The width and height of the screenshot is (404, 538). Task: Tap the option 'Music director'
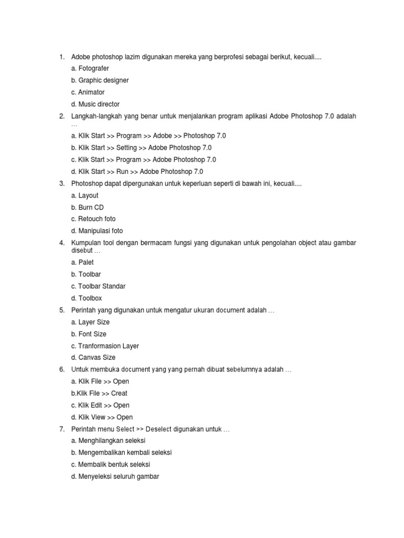[x=95, y=104]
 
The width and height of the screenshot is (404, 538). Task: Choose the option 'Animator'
[x=88, y=92]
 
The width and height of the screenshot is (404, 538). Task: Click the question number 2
[x=62, y=116]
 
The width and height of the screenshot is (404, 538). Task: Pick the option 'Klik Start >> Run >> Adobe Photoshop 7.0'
[x=137, y=171]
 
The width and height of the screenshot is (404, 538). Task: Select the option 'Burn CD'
[x=87, y=208]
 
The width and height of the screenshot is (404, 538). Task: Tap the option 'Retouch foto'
[x=93, y=219]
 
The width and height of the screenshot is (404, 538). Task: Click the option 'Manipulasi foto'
[x=97, y=231]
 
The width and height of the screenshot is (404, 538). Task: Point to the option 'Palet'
[x=83, y=262]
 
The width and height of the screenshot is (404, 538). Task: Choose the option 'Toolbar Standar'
[x=98, y=286]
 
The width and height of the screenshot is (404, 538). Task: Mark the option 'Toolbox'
[x=86, y=298]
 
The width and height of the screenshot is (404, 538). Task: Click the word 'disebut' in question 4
[x=82, y=250]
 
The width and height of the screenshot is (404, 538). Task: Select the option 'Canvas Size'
[x=93, y=358]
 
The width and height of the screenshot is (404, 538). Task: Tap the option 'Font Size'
[x=89, y=334]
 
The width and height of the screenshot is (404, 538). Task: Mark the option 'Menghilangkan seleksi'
[x=108, y=440]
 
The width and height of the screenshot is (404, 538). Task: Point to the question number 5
[x=62, y=310]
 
